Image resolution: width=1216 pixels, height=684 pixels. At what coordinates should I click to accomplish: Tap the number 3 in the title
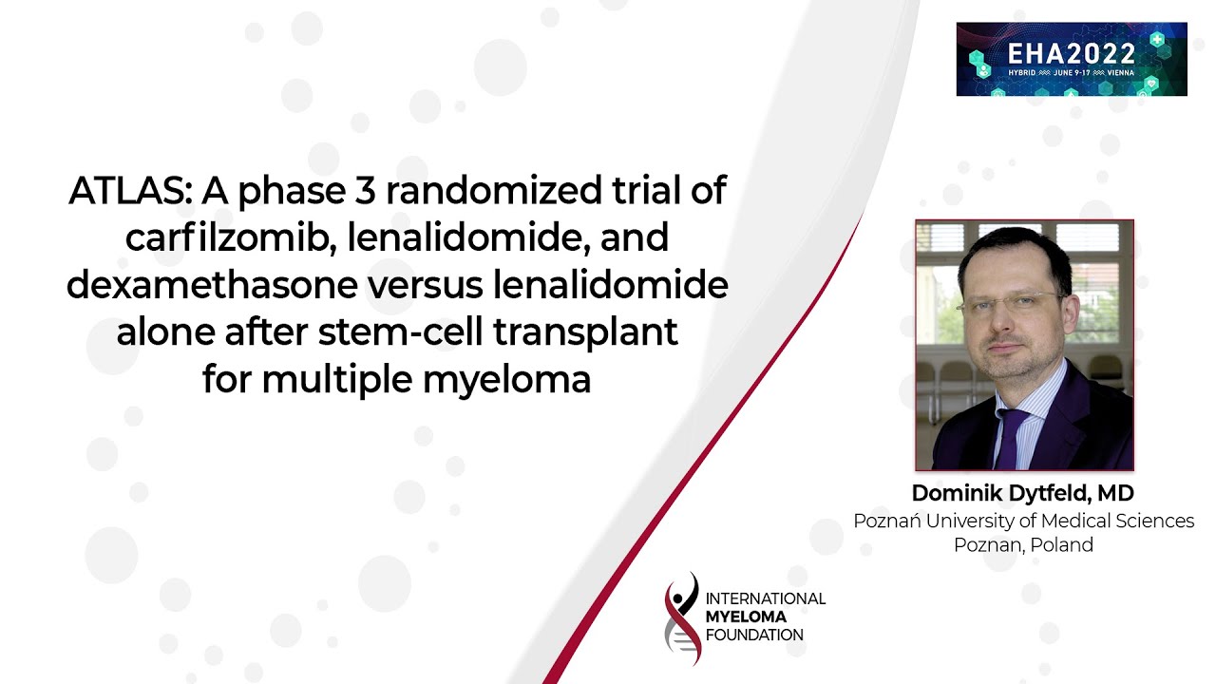pos(366,192)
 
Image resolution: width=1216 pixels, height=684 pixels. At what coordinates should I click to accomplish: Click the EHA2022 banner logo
pos(1071,59)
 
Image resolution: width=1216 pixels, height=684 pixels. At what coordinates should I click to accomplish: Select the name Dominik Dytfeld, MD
pos(1022,494)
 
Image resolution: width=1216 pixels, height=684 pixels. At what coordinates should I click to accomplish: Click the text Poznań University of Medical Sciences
pos(1023,521)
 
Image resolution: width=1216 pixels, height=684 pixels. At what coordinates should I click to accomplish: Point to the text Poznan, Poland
pos(1023,545)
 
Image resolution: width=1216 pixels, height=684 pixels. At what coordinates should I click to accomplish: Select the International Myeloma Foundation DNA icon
pos(682,618)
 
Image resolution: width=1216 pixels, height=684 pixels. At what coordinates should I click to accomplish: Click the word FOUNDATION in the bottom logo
pos(754,635)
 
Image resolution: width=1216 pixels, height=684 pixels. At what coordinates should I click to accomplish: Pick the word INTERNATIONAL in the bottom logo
pos(765,598)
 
